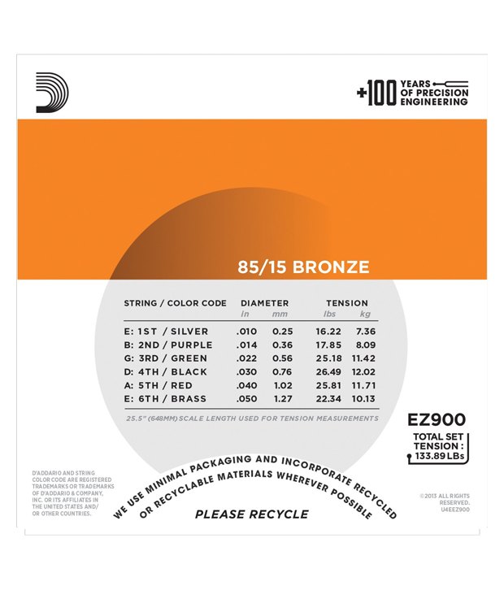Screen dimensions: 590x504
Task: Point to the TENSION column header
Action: point(346,303)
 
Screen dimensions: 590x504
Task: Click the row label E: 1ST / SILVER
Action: point(166,332)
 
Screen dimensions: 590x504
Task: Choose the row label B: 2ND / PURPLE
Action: point(167,345)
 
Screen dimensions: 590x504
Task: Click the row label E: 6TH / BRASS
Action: point(165,399)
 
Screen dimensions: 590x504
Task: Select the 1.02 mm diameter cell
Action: point(283,385)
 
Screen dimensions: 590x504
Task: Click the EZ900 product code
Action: point(436,420)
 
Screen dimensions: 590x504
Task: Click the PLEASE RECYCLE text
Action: point(252,514)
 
